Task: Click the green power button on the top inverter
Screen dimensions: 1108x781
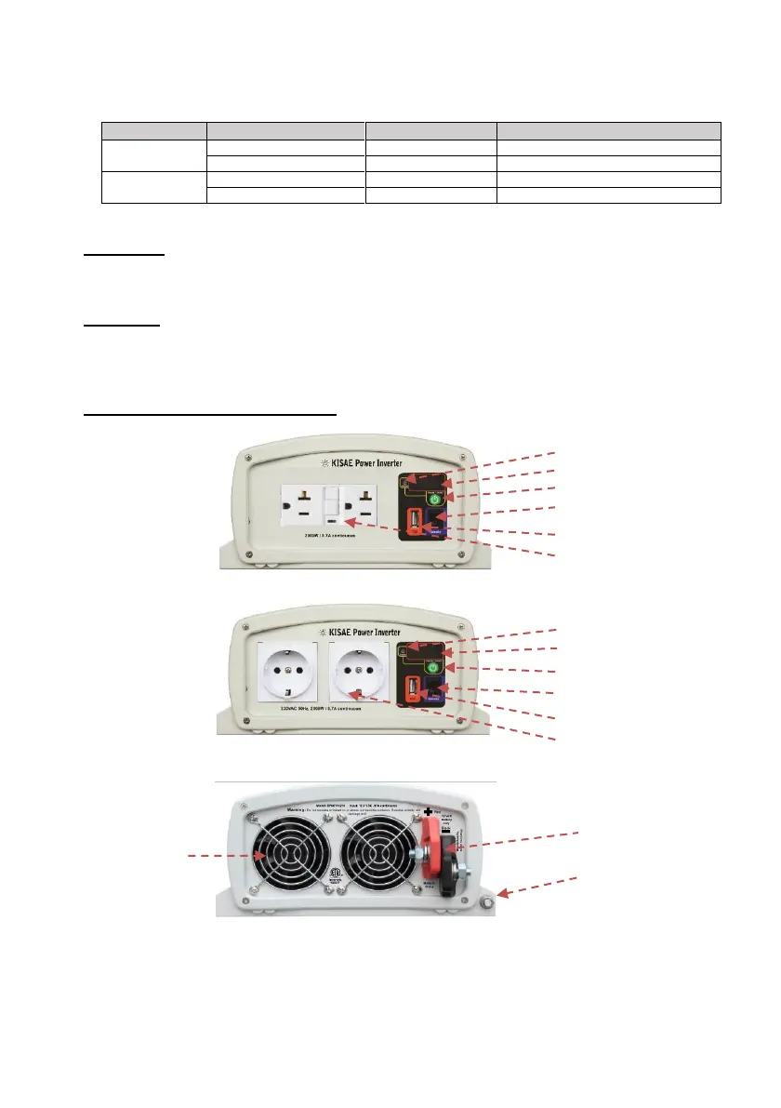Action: tap(433, 500)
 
